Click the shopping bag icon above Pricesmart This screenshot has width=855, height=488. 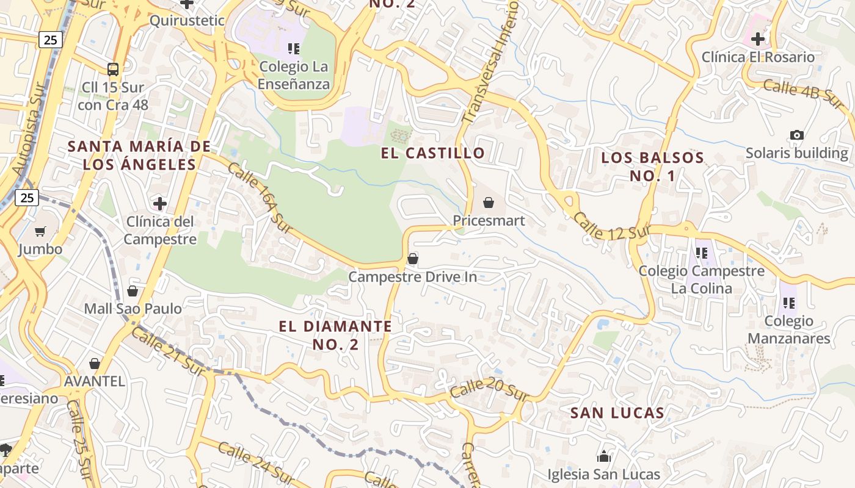[x=488, y=203]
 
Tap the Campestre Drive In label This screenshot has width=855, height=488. [x=412, y=277]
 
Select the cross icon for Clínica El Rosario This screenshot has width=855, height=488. [x=757, y=40]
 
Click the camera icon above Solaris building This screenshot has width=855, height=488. [x=796, y=135]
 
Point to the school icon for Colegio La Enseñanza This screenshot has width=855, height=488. [x=294, y=48]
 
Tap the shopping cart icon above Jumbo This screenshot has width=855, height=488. [x=40, y=231]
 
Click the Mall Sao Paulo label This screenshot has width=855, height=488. [x=133, y=309]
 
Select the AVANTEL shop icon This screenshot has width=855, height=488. [x=95, y=364]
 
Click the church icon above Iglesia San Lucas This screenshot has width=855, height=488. [x=603, y=456]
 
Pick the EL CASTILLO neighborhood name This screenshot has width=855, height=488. [x=433, y=153]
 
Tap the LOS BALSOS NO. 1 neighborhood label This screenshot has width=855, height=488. [x=652, y=167]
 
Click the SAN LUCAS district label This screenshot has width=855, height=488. [x=617, y=413]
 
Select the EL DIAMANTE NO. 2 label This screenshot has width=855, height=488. [x=335, y=335]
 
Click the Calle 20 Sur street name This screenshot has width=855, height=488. [x=489, y=388]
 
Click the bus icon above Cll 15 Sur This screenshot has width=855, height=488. [x=112, y=69]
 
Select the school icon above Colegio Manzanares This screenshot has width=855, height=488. [x=788, y=303]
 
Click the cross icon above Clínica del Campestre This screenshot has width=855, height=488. [x=160, y=203]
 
